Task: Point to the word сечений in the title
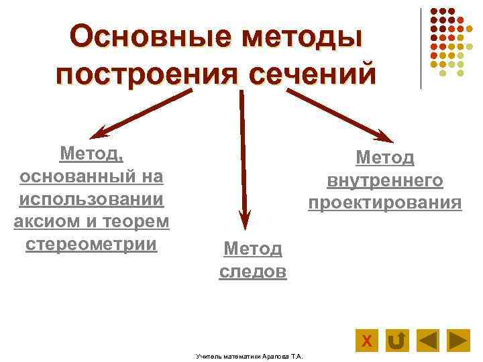pyautogui.click(x=312, y=72)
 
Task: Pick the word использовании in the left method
pyautogui.click(x=92, y=199)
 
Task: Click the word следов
pyautogui.click(x=253, y=271)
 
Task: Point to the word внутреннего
pyautogui.click(x=385, y=180)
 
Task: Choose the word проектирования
pyautogui.click(x=385, y=202)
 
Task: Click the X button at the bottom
pyautogui.click(x=366, y=341)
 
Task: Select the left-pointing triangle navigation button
pyautogui.click(x=427, y=341)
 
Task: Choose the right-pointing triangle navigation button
pyautogui.click(x=458, y=341)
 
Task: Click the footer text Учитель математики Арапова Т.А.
pyautogui.click(x=249, y=355)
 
